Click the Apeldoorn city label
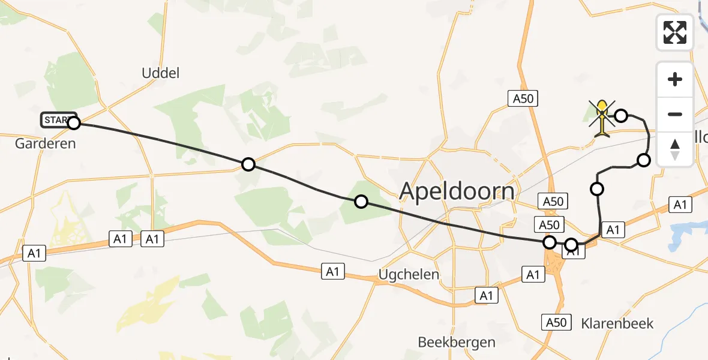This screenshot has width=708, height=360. pos(457,191)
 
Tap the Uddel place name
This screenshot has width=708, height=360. pos(161,73)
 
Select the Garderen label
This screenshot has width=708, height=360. pos(46,143)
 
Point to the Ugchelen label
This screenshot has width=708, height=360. pos(409,275)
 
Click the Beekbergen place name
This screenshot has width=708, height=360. pos(457,342)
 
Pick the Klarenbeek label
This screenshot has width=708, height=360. pos(617,323)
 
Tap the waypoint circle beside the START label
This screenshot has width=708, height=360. pos(74,124)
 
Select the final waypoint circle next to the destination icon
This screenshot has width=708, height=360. pos(622,115)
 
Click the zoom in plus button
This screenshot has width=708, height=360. pos(675,79)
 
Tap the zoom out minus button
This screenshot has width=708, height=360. pos(675,114)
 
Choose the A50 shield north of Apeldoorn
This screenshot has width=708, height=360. pos(523,98)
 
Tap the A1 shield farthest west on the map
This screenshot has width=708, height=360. pos(34,253)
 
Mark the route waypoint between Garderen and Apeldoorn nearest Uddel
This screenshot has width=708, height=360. pos(248,164)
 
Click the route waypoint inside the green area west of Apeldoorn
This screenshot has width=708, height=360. pos(361,202)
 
